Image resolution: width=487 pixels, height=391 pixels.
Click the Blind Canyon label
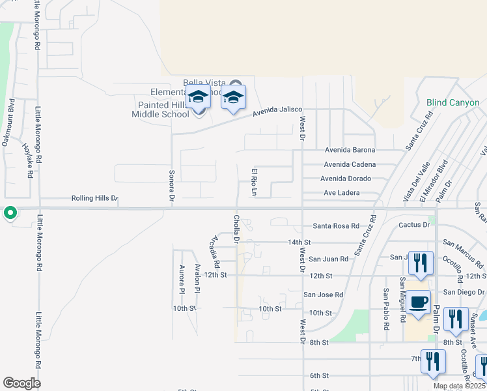(452, 102)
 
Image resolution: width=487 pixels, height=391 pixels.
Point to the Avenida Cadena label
(350, 164)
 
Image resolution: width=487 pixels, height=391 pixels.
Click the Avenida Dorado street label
(346, 179)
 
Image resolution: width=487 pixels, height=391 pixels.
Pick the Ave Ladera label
(342, 193)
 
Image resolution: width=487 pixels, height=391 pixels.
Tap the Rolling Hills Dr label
(95, 198)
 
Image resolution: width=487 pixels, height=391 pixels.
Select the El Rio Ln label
(255, 182)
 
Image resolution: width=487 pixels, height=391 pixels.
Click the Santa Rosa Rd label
(336, 226)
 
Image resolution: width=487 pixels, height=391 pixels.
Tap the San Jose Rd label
(324, 295)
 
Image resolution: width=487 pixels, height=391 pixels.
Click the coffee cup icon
(419, 302)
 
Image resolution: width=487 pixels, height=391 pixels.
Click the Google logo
(22, 383)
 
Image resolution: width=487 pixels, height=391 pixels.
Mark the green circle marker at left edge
(10, 213)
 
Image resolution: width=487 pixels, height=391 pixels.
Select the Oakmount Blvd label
(9, 123)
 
